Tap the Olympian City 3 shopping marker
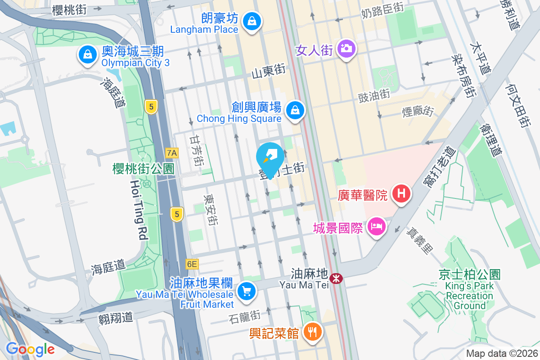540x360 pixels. pyautogui.click(x=88, y=55)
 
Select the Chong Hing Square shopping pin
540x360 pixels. pyautogui.click(x=295, y=109)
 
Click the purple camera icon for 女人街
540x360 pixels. pyautogui.click(x=346, y=47)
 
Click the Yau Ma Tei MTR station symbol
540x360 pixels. pyautogui.click(x=336, y=279)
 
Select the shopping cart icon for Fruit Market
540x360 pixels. pyautogui.click(x=246, y=291)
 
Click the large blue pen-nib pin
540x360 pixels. pyautogui.click(x=270, y=158)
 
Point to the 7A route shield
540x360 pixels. pyautogui.click(x=171, y=153)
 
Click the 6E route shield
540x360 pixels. pyautogui.click(x=192, y=265)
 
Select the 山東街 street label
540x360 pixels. pyautogui.click(x=269, y=70)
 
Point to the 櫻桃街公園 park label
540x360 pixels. pyautogui.click(x=143, y=169)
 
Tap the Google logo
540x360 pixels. pyautogui.click(x=30, y=349)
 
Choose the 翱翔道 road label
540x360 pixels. pyautogui.click(x=116, y=318)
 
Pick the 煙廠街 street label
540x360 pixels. pyautogui.click(x=418, y=111)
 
